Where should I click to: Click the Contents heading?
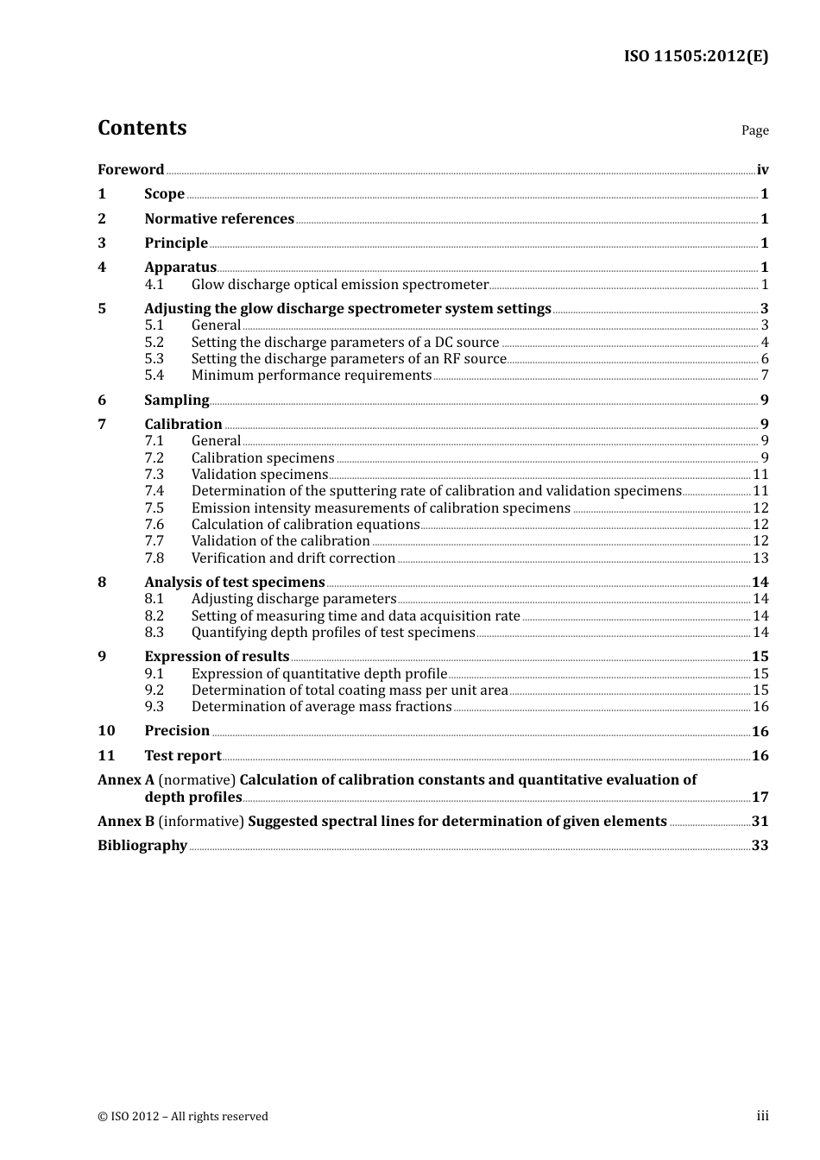[x=142, y=128]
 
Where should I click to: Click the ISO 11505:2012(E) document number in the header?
[x=696, y=56]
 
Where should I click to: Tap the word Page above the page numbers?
[x=754, y=130]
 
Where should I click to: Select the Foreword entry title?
[x=130, y=170]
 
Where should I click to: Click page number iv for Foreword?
[x=762, y=170]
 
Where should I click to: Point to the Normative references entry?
[x=219, y=219]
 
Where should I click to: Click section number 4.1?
[x=154, y=285]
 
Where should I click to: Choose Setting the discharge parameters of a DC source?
[x=344, y=343]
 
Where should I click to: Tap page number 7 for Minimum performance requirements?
[x=764, y=375]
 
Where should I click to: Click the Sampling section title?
[x=176, y=400]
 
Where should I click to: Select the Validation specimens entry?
[x=259, y=475]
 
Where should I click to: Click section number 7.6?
[x=154, y=525]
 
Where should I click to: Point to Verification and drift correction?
[x=293, y=558]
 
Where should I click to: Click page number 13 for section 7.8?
[x=760, y=558]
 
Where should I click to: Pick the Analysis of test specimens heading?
[x=234, y=583]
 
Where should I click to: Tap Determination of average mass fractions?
[x=321, y=707]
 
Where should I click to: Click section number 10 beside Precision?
[x=106, y=731]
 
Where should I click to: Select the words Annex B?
[x=119, y=822]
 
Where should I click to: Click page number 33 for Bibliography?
[x=760, y=846]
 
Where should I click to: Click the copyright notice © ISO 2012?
[x=182, y=1117]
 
